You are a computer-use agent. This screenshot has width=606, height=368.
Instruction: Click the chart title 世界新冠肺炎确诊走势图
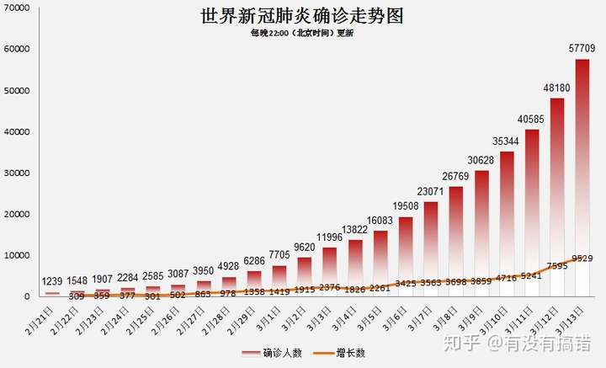pyautogui.click(x=302, y=16)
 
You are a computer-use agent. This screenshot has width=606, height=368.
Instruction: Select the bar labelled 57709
pyautogui.click(x=582, y=177)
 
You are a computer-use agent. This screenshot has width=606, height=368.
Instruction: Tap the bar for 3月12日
pyautogui.click(x=556, y=197)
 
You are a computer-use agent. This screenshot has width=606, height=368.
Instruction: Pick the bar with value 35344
pyautogui.click(x=506, y=223)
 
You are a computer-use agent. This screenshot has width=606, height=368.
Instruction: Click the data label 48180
pyautogui.click(x=557, y=88)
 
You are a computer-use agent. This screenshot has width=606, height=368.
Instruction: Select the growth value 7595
pyautogui.click(x=556, y=267)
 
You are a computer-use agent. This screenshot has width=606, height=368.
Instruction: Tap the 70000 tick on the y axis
pyautogui.click(x=17, y=8)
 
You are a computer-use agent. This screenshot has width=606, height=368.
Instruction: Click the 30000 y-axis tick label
pyautogui.click(x=17, y=173)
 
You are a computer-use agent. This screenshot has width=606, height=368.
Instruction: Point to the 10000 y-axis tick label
pyautogui.click(x=17, y=255)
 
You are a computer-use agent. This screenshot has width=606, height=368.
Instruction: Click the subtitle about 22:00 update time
pyautogui.click(x=302, y=33)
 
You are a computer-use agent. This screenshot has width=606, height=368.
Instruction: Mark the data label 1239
pyautogui.click(x=53, y=280)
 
